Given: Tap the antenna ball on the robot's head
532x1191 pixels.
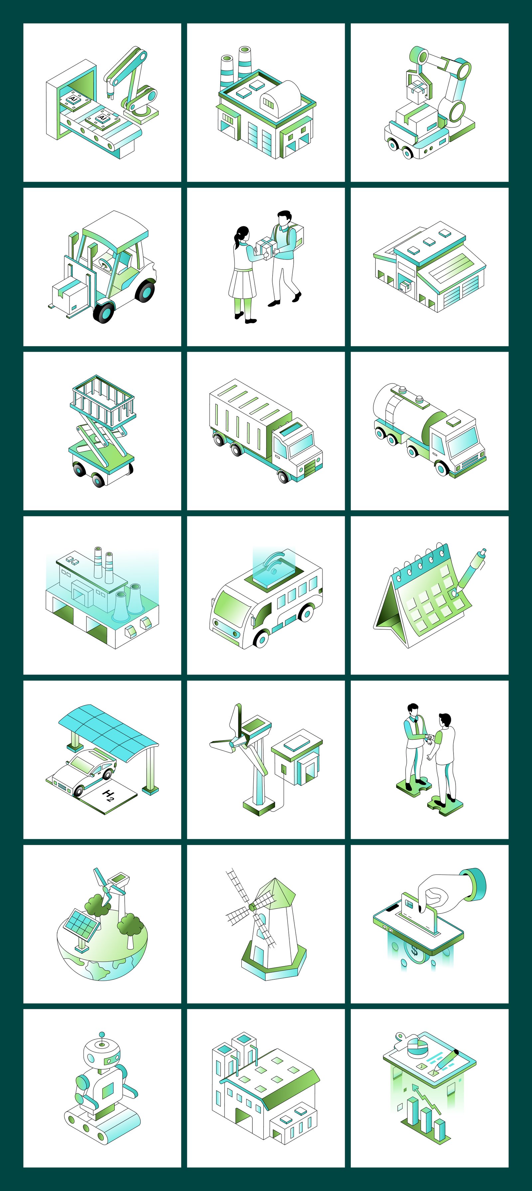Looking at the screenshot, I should [x=102, y=1033].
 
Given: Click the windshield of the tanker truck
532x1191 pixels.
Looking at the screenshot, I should [x=462, y=442].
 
